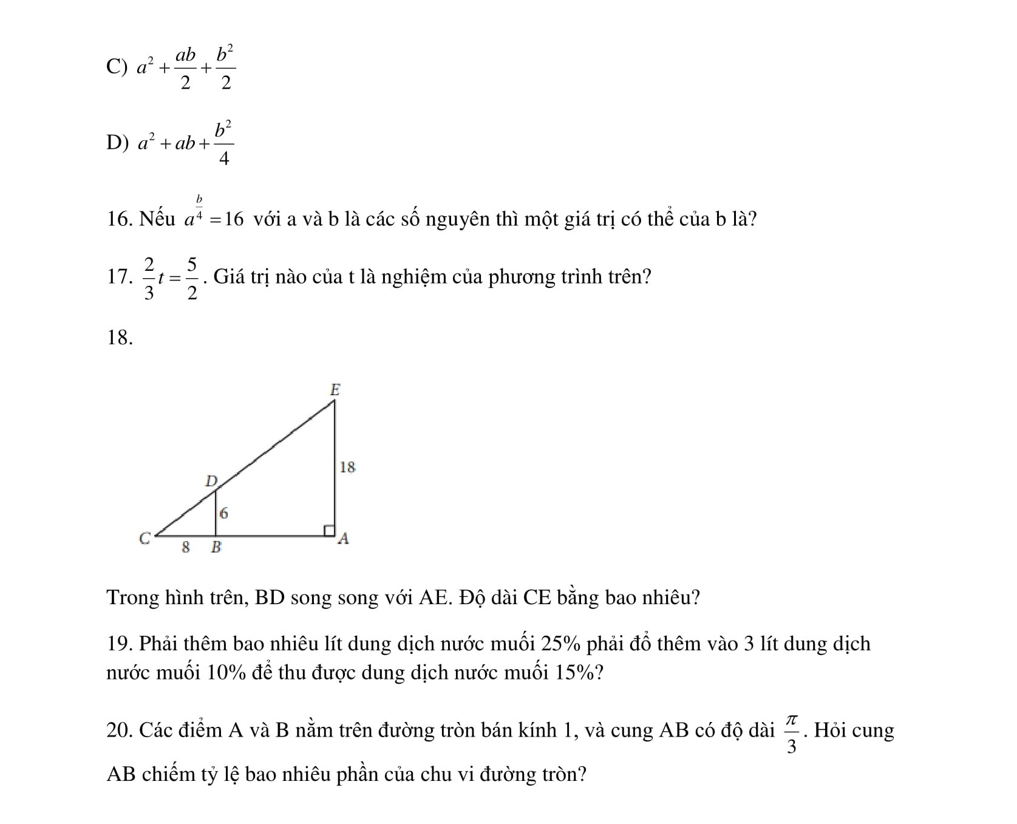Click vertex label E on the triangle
(x=335, y=389)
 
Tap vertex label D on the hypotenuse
(x=211, y=482)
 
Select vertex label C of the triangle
(x=145, y=539)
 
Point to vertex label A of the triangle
(x=343, y=539)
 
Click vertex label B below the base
(x=216, y=547)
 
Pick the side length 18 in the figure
(x=347, y=467)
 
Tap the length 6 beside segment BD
(x=223, y=513)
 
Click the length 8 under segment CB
(x=186, y=547)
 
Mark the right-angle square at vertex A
(x=328, y=531)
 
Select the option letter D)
(x=117, y=143)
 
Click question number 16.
(x=120, y=219)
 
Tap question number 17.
(x=120, y=277)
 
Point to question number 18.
(x=120, y=338)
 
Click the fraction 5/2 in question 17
(x=192, y=279)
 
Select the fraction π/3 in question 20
(x=791, y=732)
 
